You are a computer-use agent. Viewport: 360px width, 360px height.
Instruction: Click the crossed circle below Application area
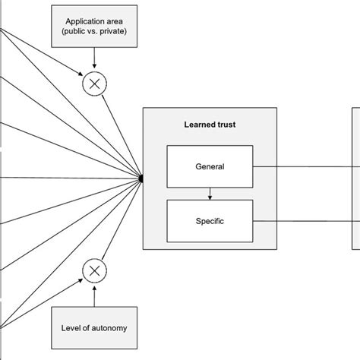click(x=93, y=86)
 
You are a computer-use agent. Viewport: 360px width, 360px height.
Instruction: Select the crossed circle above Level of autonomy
click(x=93, y=270)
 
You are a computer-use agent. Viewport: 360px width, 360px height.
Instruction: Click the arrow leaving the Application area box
click(x=93, y=61)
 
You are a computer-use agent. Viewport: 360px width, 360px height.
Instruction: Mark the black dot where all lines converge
click(x=141, y=178)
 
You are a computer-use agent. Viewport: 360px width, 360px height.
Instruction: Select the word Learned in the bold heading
click(x=197, y=123)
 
